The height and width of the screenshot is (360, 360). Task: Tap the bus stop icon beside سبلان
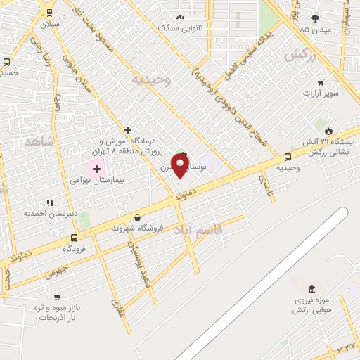(x=49, y=12)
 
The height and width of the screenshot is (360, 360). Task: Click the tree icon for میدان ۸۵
(x=314, y=18)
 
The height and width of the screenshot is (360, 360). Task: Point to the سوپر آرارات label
(x=321, y=93)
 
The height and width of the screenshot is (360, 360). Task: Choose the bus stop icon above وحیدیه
(x=288, y=157)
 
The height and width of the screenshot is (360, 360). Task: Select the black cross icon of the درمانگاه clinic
(x=127, y=130)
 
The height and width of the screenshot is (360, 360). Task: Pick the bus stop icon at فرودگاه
(x=74, y=238)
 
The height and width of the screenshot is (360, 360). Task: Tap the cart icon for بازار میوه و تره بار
(x=57, y=297)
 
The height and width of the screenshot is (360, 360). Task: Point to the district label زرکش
(x=299, y=55)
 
